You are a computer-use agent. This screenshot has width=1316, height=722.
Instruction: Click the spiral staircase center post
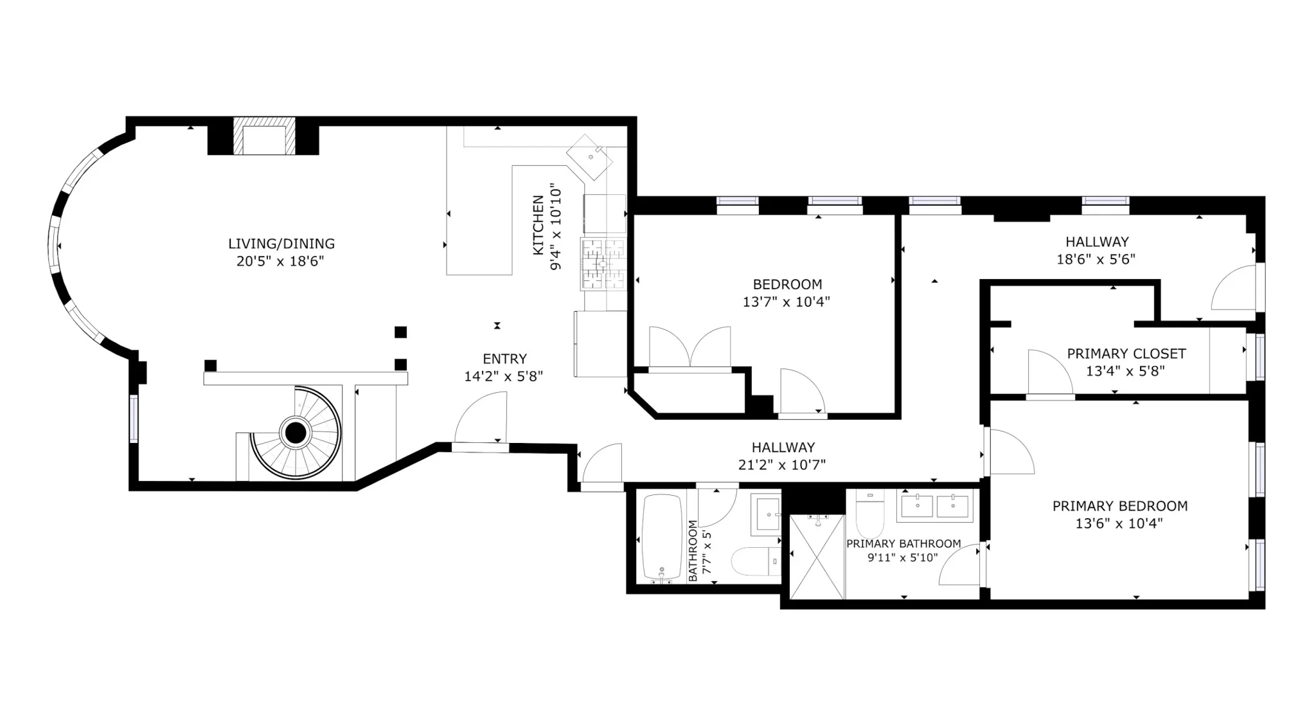point(295,433)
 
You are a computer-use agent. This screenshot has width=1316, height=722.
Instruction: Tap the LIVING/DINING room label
point(281,244)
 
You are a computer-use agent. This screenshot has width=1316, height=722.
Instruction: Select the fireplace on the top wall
point(263,136)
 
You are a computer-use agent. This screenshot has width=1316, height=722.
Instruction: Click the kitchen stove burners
point(603,263)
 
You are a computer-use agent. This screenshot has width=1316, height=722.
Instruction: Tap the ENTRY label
point(504,359)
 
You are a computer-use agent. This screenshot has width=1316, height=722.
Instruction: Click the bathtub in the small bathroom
point(662,537)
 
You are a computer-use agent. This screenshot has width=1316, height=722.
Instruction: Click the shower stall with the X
point(817,557)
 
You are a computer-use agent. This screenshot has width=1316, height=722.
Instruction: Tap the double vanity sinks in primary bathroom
point(935,505)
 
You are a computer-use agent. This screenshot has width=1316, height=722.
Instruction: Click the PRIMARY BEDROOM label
point(1119,506)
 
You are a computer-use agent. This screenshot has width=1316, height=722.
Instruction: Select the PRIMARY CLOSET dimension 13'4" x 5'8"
point(1125,371)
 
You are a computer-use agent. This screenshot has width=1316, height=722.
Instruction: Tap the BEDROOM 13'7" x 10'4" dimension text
point(787,302)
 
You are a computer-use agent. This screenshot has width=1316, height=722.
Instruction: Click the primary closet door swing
point(1047,374)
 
